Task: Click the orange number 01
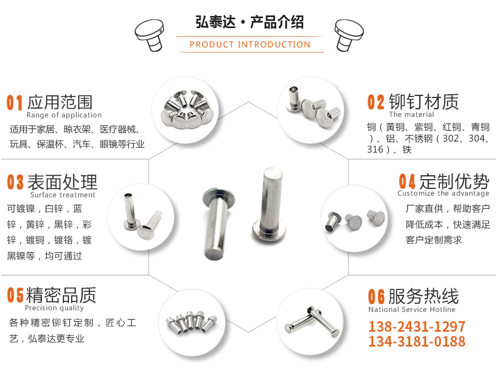point(15,102)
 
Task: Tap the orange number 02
point(376,102)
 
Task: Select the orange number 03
point(15,182)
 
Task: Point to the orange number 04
point(407,182)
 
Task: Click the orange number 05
point(15,295)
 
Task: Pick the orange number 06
point(376,296)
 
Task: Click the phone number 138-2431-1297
point(417,326)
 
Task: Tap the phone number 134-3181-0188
point(417,342)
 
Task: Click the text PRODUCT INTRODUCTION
point(250,45)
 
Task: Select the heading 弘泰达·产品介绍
point(250,23)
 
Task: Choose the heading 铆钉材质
point(423,102)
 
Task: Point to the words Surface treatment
point(62,194)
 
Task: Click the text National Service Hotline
point(412,310)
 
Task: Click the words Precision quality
point(54,308)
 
